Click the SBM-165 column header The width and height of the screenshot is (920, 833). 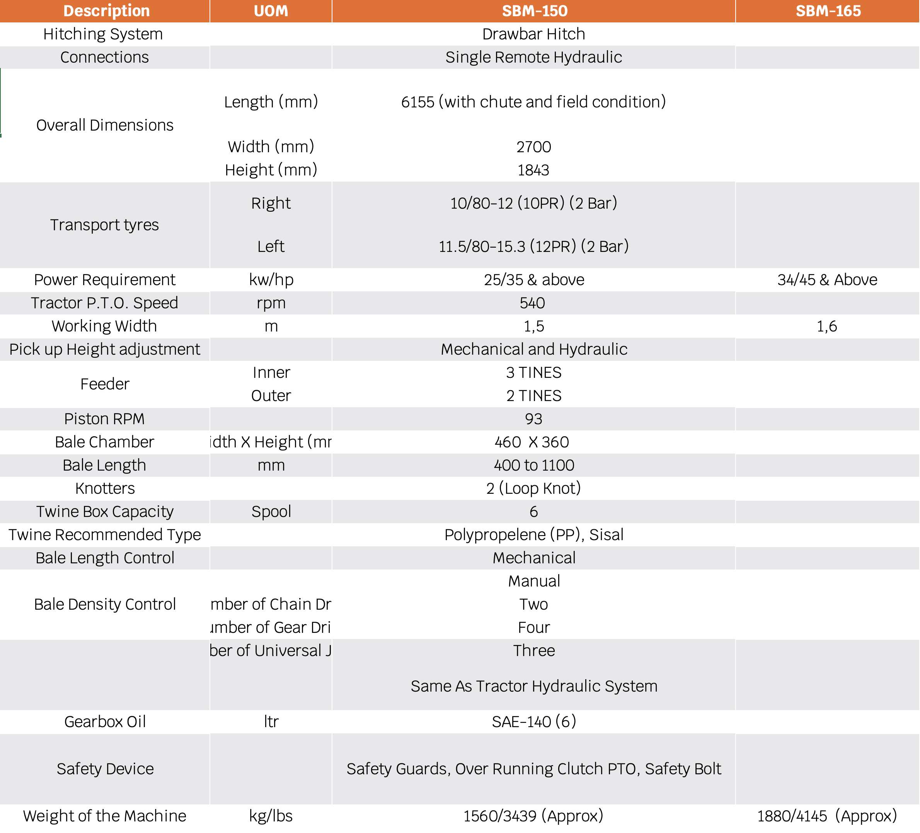click(x=828, y=11)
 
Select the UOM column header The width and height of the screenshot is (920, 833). click(x=271, y=11)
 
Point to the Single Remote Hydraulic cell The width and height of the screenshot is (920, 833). click(x=533, y=58)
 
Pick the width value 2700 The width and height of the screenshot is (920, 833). click(x=533, y=147)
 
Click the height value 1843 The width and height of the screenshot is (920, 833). click(x=533, y=170)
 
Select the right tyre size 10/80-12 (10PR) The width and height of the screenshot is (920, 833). click(x=533, y=203)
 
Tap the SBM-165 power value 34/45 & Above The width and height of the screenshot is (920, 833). click(x=827, y=280)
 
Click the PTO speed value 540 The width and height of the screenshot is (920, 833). click(x=532, y=303)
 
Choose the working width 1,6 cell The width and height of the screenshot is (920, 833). click(x=826, y=326)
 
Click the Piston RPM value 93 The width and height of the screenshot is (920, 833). click(x=533, y=419)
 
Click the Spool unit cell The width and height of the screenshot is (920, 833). click(x=271, y=512)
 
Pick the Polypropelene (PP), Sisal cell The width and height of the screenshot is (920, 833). click(x=533, y=535)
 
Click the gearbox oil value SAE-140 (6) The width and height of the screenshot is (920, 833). click(x=533, y=722)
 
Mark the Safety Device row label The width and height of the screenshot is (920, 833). click(x=105, y=769)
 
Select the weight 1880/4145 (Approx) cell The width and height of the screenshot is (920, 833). click(x=827, y=816)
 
